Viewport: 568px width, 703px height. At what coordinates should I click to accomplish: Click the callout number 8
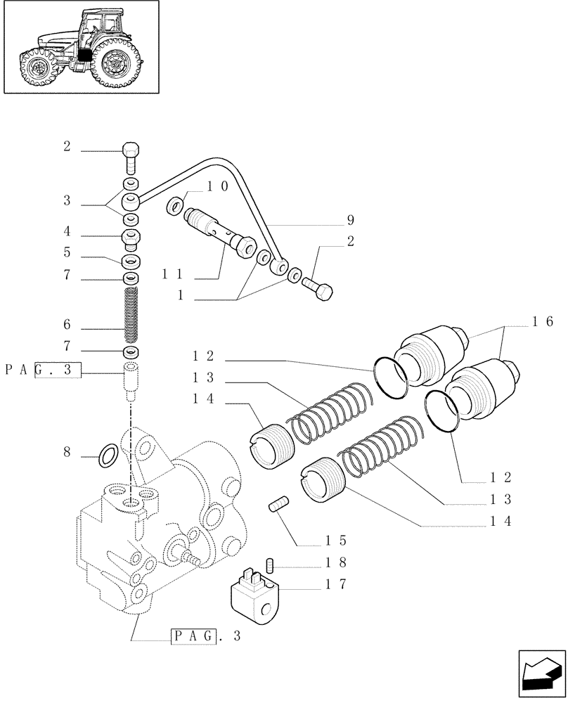pos(67,453)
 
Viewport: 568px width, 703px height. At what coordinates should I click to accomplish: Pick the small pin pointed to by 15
pos(280,505)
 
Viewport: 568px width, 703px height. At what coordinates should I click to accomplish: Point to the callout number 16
pos(539,323)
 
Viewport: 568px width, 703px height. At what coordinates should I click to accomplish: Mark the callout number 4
pos(67,231)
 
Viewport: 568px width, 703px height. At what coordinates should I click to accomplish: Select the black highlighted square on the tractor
pos(84,58)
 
